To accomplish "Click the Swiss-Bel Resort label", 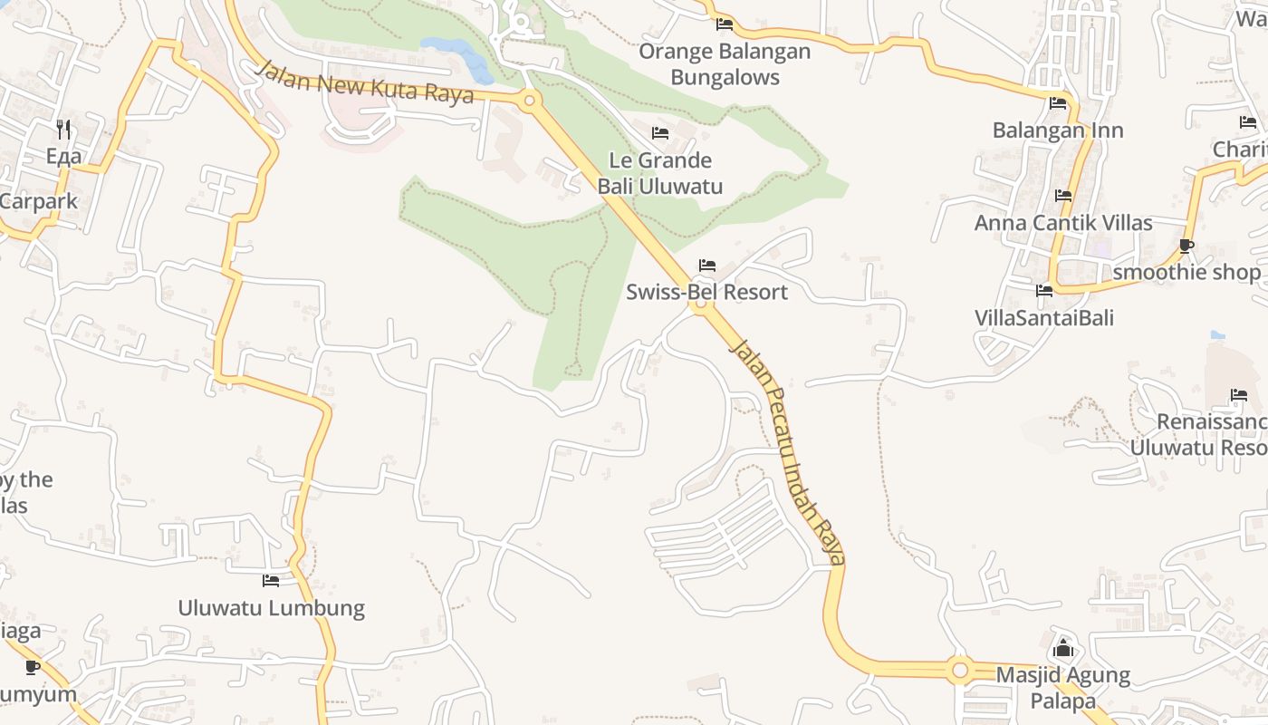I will pyautogui.click(x=706, y=292).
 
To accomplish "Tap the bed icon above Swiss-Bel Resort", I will pyautogui.click(x=707, y=266).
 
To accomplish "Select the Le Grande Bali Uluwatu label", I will pyautogui.click(x=659, y=173).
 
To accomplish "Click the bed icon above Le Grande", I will pyautogui.click(x=660, y=133).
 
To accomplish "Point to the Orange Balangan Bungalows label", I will pyautogui.click(x=725, y=63).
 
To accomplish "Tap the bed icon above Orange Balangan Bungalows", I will pyautogui.click(x=725, y=24).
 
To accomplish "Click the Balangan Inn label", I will pyautogui.click(x=1058, y=130).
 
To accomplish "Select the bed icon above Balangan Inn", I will pyautogui.click(x=1058, y=103).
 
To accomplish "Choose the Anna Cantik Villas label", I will pyautogui.click(x=1063, y=222).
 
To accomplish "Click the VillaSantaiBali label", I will pyautogui.click(x=1044, y=318).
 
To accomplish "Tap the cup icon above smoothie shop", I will pyautogui.click(x=1186, y=246).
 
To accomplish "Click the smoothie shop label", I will pyautogui.click(x=1186, y=272).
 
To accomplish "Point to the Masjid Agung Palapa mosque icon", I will pyautogui.click(x=1064, y=649).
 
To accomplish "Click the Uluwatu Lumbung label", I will pyautogui.click(x=271, y=607).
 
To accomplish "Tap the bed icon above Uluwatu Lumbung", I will pyautogui.click(x=271, y=580).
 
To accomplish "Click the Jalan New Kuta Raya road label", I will pyautogui.click(x=365, y=83).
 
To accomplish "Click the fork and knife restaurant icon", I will pyautogui.click(x=63, y=130).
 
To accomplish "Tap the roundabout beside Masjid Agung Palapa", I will pyautogui.click(x=960, y=671).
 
